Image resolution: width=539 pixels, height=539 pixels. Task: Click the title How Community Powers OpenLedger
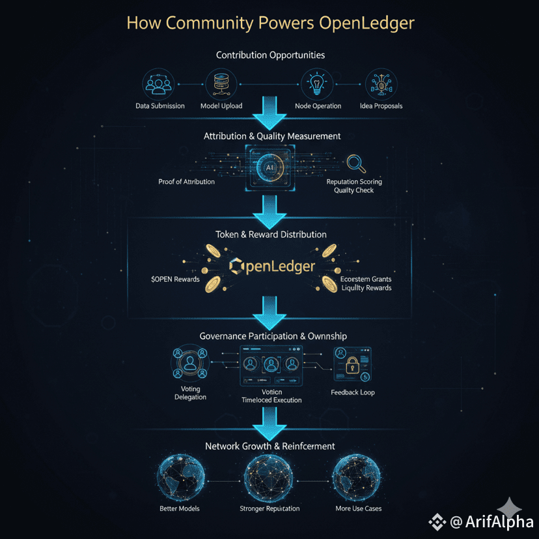(269, 23)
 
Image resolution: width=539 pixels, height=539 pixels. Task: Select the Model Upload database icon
(221, 84)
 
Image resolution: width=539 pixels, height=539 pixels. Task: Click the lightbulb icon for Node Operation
(318, 84)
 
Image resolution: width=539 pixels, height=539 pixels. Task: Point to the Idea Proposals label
(381, 105)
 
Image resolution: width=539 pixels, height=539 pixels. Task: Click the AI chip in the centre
(269, 167)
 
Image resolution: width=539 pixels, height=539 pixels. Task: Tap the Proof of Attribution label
(186, 182)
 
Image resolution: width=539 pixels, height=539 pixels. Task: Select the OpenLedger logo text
(273, 266)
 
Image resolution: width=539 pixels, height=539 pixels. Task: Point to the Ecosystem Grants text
(366, 279)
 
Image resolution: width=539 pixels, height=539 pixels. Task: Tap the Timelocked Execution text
(271, 400)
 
